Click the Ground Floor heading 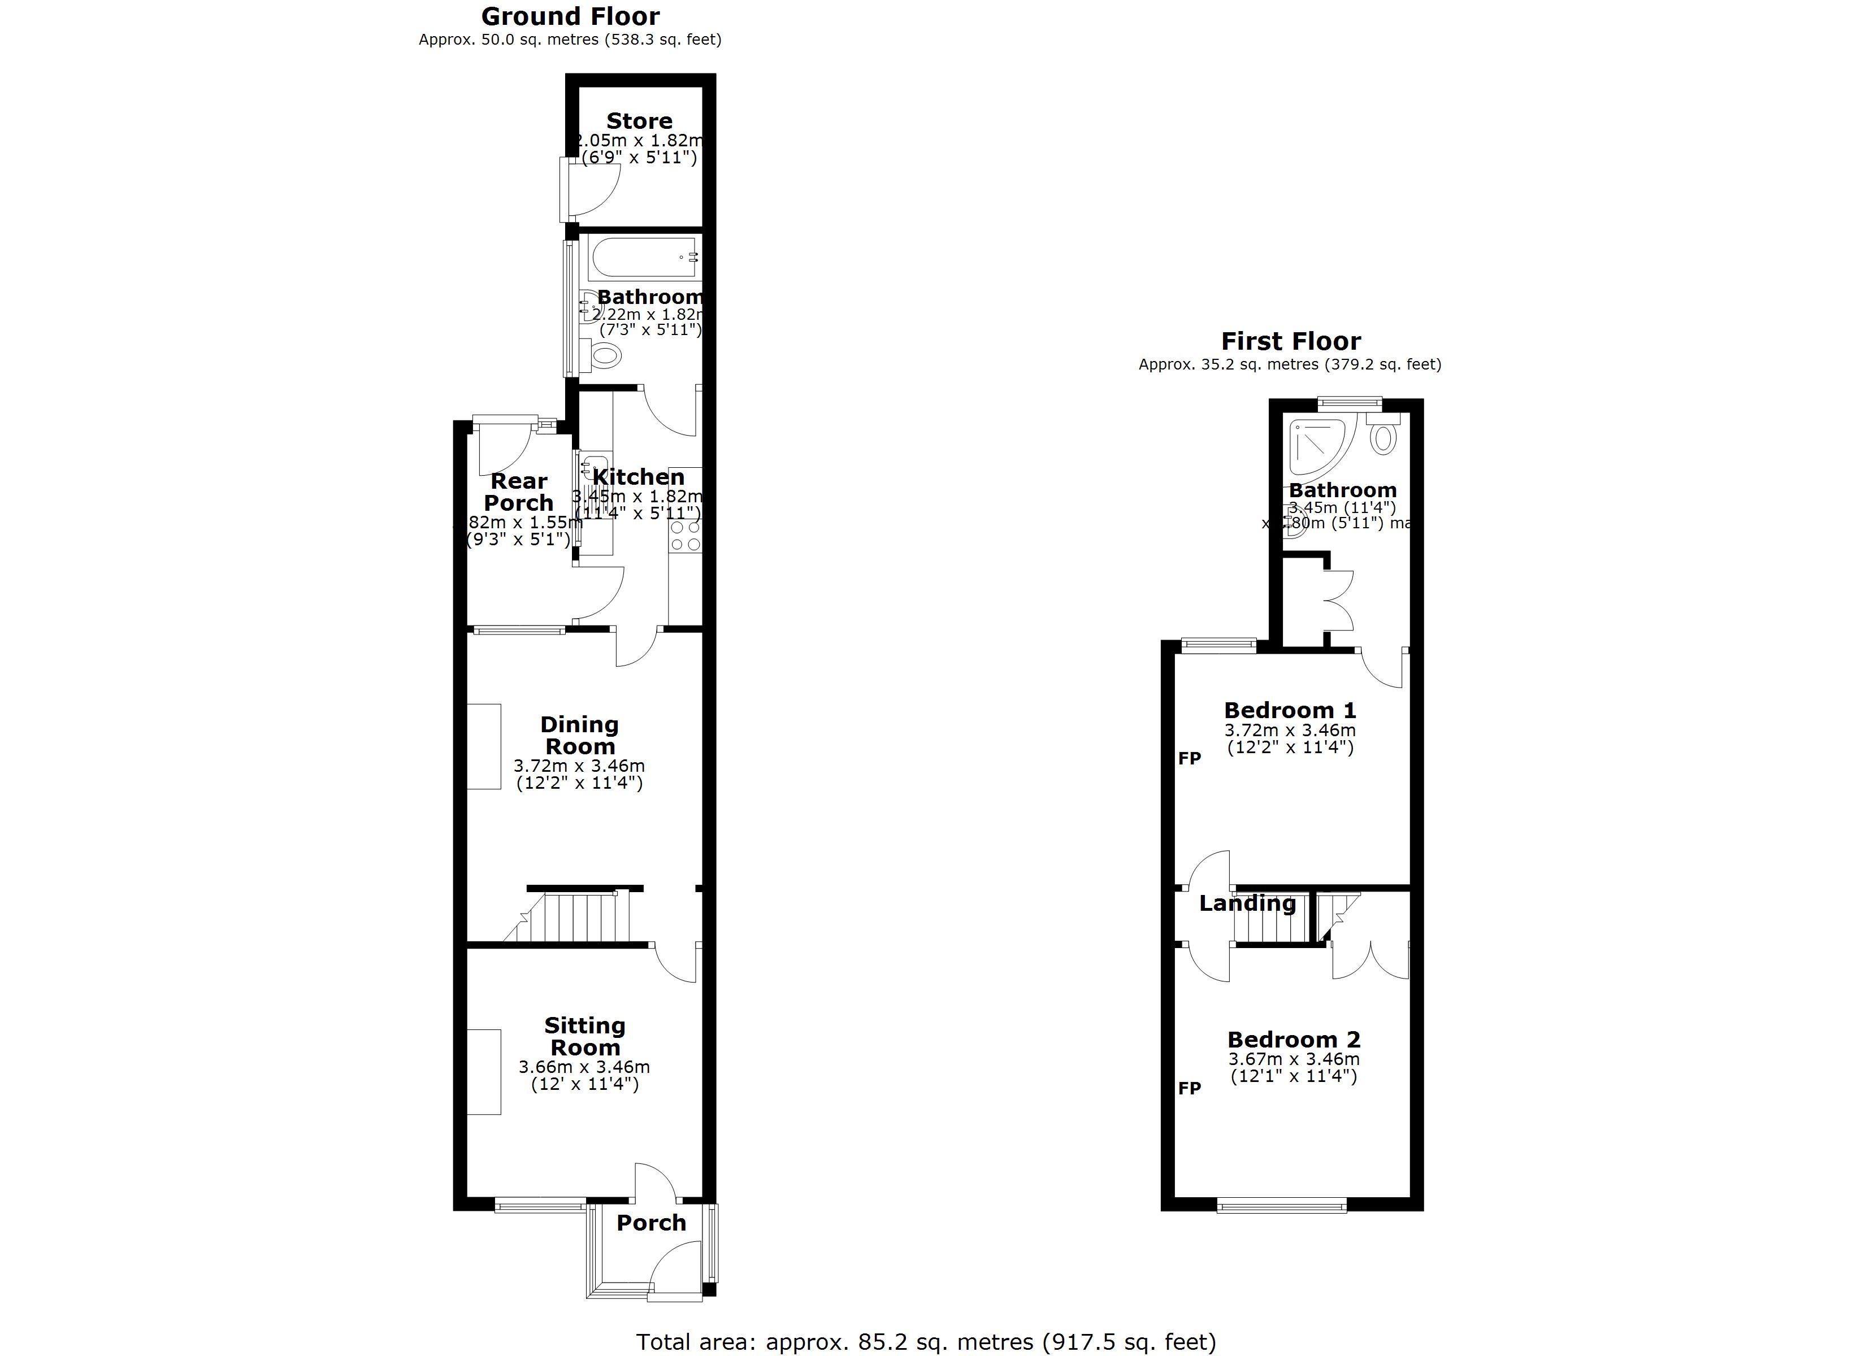pyautogui.click(x=570, y=16)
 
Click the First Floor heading pyautogui.click(x=1290, y=341)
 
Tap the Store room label pyautogui.click(x=639, y=121)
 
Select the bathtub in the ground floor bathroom pyautogui.click(x=644, y=258)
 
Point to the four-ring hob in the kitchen pyautogui.click(x=685, y=537)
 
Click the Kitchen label pyautogui.click(x=638, y=477)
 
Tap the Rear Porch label pyautogui.click(x=518, y=492)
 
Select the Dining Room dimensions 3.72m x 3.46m pyautogui.click(x=579, y=766)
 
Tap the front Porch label pyautogui.click(x=650, y=1223)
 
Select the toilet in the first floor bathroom pyautogui.click(x=1383, y=436)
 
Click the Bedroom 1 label pyautogui.click(x=1289, y=710)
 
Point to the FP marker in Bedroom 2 pyautogui.click(x=1189, y=1088)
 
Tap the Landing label pyautogui.click(x=1247, y=903)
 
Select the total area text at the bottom pyautogui.click(x=925, y=1342)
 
